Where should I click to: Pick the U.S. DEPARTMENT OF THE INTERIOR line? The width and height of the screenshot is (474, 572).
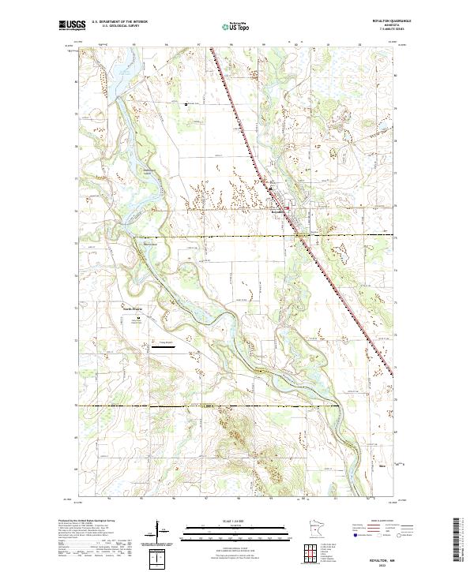point(119,22)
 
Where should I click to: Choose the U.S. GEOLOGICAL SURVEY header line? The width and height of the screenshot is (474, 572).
point(119,27)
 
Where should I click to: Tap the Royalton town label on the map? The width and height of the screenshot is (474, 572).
point(278,212)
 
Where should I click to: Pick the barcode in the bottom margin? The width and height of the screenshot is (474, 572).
point(457,540)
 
